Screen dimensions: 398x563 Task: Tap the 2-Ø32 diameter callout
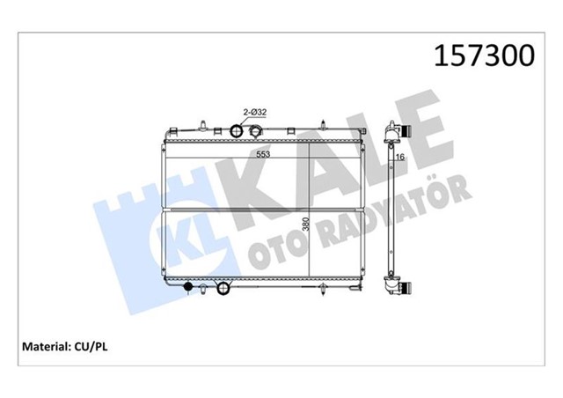(254, 112)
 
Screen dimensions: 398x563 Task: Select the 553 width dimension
(262, 153)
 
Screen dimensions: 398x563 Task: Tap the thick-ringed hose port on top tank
(236, 132)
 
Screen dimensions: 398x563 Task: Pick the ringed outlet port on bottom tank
(223, 288)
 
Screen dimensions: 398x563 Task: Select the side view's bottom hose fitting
(403, 289)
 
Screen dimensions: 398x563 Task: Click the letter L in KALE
(369, 145)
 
